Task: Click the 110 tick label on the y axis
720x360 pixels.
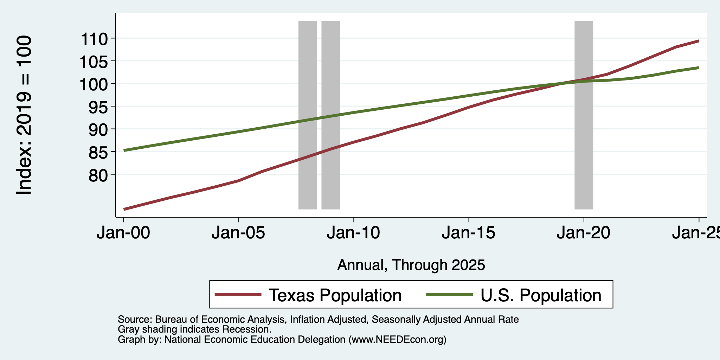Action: point(94,38)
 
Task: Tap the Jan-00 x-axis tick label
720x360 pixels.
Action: point(123,233)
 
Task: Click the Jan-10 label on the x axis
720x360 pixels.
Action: point(354,233)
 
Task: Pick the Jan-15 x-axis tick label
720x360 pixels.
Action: point(469,233)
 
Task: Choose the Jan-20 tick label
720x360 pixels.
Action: point(584,233)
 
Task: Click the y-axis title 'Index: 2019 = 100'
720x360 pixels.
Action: point(24,115)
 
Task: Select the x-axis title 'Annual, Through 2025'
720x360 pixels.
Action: point(411,265)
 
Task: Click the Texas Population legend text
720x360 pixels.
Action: point(335,295)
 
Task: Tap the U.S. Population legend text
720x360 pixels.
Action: point(541,295)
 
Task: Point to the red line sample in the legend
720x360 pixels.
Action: point(238,295)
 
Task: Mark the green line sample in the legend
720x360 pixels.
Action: point(449,295)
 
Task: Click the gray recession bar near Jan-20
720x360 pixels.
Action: point(584,115)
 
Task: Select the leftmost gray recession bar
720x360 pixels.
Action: point(308,115)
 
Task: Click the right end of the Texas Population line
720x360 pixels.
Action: point(699,41)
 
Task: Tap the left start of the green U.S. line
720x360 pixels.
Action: point(124,150)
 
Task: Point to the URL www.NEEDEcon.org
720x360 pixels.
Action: point(397,340)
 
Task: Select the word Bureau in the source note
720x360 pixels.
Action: point(170,320)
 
